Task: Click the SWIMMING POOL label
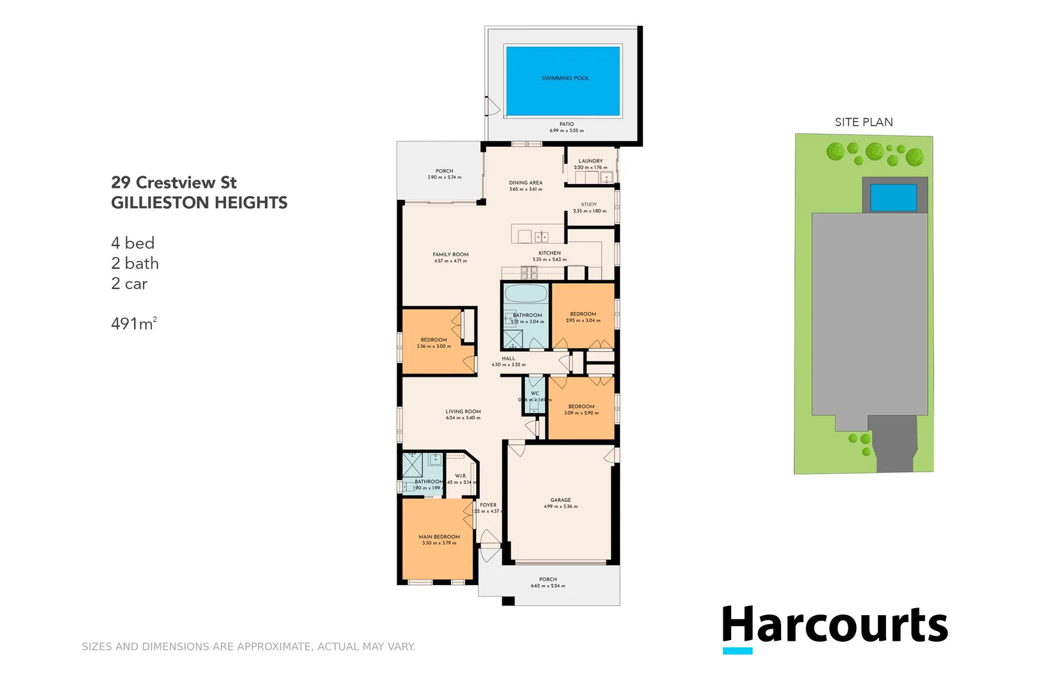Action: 565,78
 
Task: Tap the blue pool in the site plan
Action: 893,197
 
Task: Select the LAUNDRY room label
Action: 590,161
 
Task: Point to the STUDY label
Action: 589,204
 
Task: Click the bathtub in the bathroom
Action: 525,294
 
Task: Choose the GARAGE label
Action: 561,500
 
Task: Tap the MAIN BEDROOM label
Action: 439,537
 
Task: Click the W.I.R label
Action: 461,475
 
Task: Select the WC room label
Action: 535,393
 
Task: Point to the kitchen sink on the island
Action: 541,236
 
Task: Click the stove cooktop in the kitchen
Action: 529,274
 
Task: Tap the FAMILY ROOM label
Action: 450,254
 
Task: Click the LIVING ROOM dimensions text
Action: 463,418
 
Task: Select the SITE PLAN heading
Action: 863,122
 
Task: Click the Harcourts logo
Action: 834,627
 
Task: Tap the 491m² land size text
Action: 133,324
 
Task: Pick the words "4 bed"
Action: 133,243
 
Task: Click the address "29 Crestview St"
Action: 174,183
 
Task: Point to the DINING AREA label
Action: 525,183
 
